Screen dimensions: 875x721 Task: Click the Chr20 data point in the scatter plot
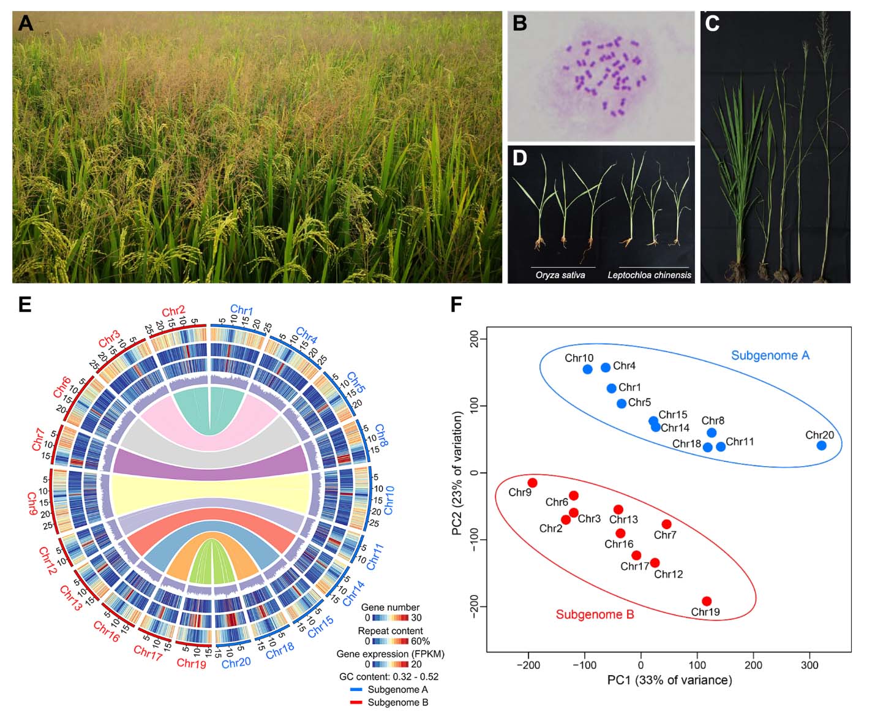pos(821,445)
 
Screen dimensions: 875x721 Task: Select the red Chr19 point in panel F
pos(707,601)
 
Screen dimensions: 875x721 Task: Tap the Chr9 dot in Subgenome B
pos(532,483)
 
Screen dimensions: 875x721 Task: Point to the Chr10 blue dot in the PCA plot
pos(588,369)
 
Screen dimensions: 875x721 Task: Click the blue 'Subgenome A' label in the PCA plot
pos(770,355)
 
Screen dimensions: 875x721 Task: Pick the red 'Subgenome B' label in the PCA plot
pos(595,614)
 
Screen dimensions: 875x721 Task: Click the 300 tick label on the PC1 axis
pos(809,665)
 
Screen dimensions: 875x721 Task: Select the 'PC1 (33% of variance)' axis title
pos(669,680)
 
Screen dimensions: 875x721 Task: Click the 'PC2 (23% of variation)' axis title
pos(457,474)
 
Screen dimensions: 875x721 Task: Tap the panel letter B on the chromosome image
pos(520,23)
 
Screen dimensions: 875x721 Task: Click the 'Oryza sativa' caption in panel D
pos(560,276)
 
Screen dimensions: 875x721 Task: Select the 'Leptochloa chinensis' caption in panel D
pos(649,276)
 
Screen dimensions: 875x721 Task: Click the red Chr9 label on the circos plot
pos(32,504)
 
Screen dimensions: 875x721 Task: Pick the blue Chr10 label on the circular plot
pos(389,500)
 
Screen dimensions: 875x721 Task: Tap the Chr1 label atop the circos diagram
pos(242,310)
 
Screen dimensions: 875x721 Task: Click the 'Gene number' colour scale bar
pos(390,617)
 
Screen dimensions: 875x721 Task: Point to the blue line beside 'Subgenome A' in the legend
pos(356,690)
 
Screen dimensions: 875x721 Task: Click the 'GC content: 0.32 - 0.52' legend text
pos(388,676)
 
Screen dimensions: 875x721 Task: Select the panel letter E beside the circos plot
pos(25,304)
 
